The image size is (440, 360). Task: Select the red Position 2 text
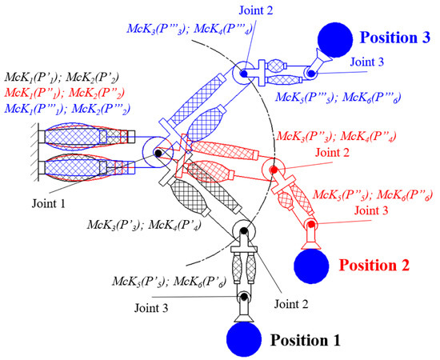point(377,262)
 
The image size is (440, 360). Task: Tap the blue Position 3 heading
point(398,37)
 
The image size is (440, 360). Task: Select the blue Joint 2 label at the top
point(239,10)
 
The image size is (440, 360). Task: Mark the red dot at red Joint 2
point(274,170)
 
